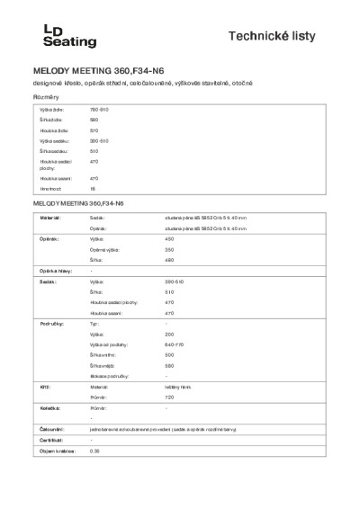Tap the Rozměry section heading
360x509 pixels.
47,96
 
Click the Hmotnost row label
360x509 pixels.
49,190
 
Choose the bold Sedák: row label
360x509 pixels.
45,281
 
